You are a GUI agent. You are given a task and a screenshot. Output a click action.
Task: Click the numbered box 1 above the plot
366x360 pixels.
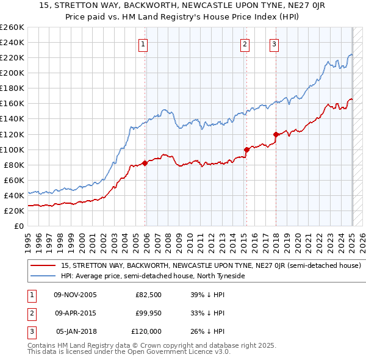point(142,43)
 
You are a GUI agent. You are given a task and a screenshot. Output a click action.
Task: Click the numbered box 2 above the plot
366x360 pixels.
point(244,43)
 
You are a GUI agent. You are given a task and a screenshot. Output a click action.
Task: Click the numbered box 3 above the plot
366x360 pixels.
point(274,43)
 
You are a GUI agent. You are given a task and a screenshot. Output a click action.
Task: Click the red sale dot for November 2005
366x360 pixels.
point(145,163)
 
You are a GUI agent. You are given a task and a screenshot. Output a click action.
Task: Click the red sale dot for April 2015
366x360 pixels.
point(246,149)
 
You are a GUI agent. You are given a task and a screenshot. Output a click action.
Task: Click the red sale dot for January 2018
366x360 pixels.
point(276,134)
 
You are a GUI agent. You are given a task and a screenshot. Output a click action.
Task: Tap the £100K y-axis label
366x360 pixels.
point(12,149)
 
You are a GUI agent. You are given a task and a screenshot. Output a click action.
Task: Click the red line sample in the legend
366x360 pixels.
point(43,266)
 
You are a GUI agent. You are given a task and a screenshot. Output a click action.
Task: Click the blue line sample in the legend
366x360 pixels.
point(43,276)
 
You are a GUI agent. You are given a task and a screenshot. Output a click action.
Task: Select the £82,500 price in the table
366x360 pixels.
point(148,295)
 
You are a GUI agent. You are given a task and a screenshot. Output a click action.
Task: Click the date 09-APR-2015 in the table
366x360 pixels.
point(75,313)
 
